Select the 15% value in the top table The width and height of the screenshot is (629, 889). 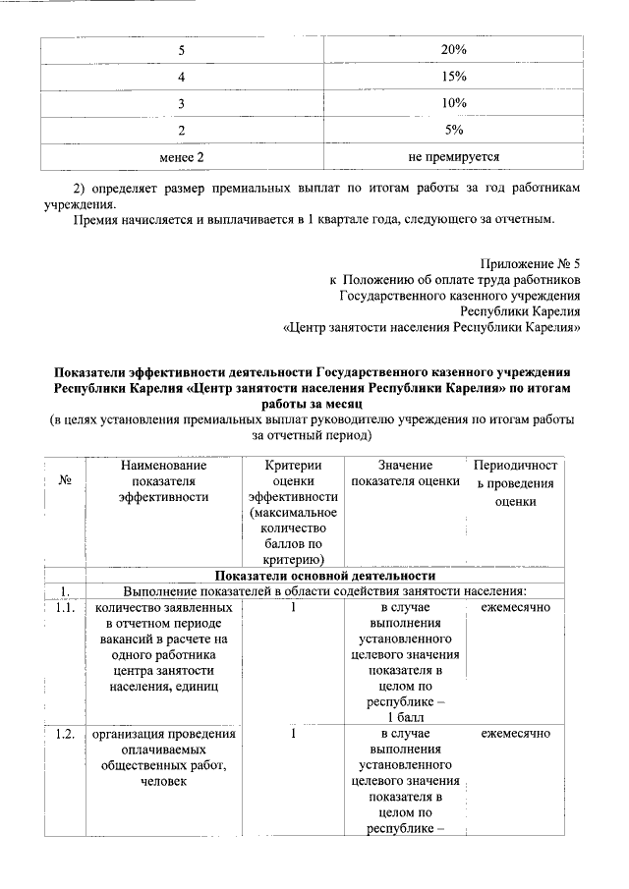pyautogui.click(x=453, y=76)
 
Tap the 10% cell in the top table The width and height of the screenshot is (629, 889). pyautogui.click(x=453, y=103)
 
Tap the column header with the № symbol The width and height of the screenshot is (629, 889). pyautogui.click(x=66, y=481)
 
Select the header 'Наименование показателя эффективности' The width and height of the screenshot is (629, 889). pyautogui.click(x=163, y=480)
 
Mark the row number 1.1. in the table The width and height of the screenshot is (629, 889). pyautogui.click(x=66, y=608)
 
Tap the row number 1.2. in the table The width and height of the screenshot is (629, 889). pyautogui.click(x=66, y=734)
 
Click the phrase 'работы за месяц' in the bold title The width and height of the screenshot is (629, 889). pyautogui.click(x=313, y=404)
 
